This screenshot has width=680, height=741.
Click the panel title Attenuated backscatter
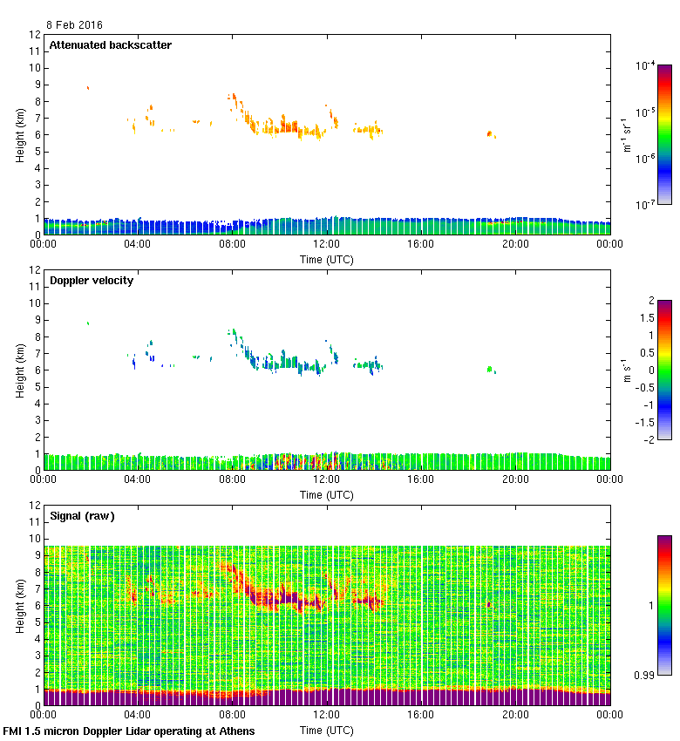(110, 45)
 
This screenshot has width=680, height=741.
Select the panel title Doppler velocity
(92, 281)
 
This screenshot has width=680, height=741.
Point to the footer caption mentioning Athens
(129, 731)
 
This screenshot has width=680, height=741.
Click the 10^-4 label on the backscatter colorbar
(646, 65)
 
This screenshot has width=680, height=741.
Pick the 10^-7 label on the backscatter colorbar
(646, 206)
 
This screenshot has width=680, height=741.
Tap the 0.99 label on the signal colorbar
(645, 675)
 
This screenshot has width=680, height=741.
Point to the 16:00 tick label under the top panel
(421, 245)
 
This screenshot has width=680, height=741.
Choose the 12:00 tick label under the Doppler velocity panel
(326, 480)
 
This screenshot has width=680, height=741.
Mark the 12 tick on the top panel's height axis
(36, 35)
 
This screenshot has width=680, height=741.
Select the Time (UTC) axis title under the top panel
(327, 259)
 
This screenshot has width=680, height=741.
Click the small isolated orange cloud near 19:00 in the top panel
(490, 133)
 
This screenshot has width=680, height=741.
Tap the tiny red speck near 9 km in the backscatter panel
(88, 87)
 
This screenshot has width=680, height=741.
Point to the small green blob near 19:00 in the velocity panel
(490, 369)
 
